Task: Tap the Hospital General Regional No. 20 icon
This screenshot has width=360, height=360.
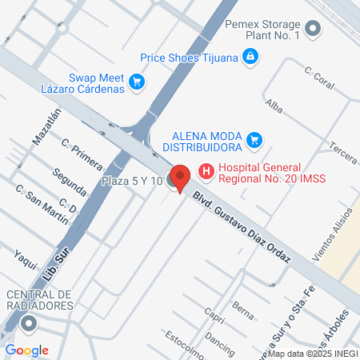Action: [x=206, y=170]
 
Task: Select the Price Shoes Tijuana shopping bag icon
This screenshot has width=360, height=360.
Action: [x=251, y=56]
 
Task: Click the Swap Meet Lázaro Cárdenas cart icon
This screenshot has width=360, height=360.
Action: [x=137, y=81]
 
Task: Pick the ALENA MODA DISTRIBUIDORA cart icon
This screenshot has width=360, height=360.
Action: [x=255, y=141]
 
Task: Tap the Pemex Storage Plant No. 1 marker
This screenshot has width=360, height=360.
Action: [x=313, y=30]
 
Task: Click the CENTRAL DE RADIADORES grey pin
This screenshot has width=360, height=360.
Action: [x=30, y=324]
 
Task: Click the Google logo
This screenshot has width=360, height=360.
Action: [x=26, y=350]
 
